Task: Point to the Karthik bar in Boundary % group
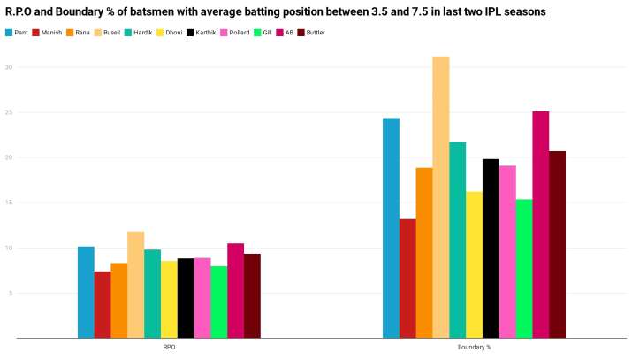tap(491, 249)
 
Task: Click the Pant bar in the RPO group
tap(86, 292)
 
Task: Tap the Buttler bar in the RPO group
tap(252, 296)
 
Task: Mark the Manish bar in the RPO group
tap(103, 304)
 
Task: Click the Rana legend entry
tap(78, 32)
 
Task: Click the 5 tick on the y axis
tap(9, 293)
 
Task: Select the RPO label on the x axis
tap(169, 348)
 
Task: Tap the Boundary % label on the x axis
tap(474, 348)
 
